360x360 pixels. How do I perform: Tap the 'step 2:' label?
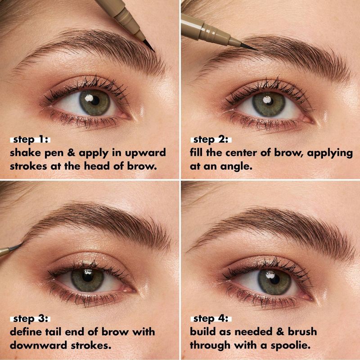(211, 139)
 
